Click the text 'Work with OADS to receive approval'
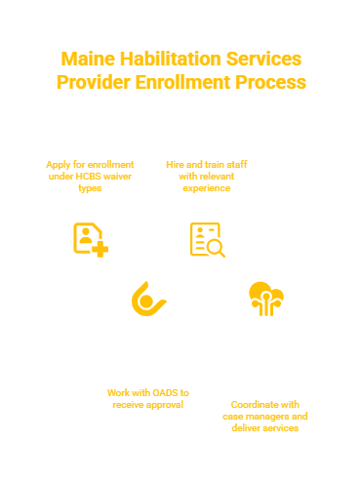[148, 398]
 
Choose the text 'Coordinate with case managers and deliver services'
[264, 416]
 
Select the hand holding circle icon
[148, 300]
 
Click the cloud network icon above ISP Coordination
[265, 299]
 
